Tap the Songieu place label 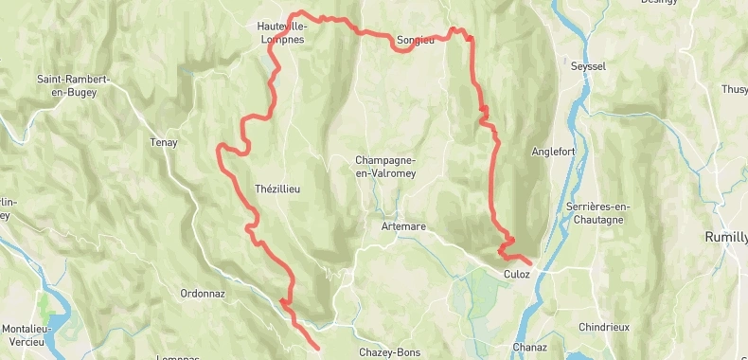pos(416,40)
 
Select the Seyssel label pos(588,66)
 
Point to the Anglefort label pos(554,151)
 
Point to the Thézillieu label pos(277,189)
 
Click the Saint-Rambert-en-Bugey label pos(75,85)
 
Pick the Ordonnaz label pos(203,294)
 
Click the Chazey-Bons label pos(389,352)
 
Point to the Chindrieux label pos(604,327)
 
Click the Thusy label pos(734,89)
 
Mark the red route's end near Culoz pos(530,262)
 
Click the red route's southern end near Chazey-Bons pos(316,349)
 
